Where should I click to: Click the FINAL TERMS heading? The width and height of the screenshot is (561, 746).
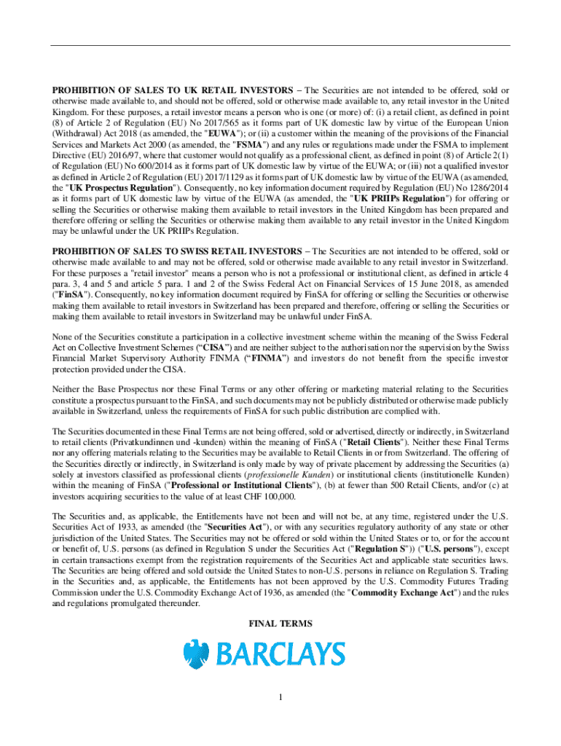coord(280,624)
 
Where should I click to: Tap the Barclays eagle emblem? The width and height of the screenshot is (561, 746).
coord(196,654)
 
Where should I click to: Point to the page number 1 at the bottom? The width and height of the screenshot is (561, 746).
coord(280,699)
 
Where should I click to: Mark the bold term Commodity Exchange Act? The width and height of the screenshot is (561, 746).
coord(399,592)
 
